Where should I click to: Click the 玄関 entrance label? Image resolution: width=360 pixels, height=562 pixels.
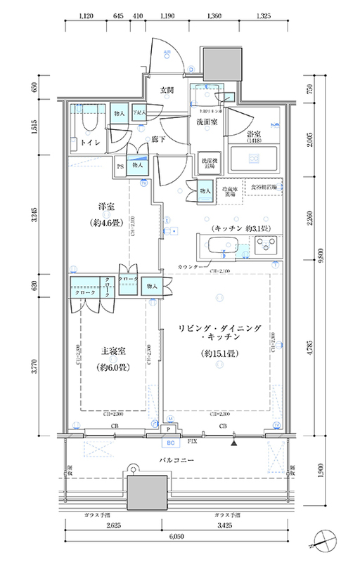(167, 90)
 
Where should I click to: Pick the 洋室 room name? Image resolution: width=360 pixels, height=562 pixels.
(106, 207)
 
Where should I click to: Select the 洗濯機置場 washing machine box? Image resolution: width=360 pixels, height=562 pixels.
(208, 162)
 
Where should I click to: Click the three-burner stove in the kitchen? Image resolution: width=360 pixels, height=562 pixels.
(269, 247)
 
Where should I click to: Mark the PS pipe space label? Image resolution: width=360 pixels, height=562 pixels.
(121, 166)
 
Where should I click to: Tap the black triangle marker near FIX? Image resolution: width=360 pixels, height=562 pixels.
(234, 442)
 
